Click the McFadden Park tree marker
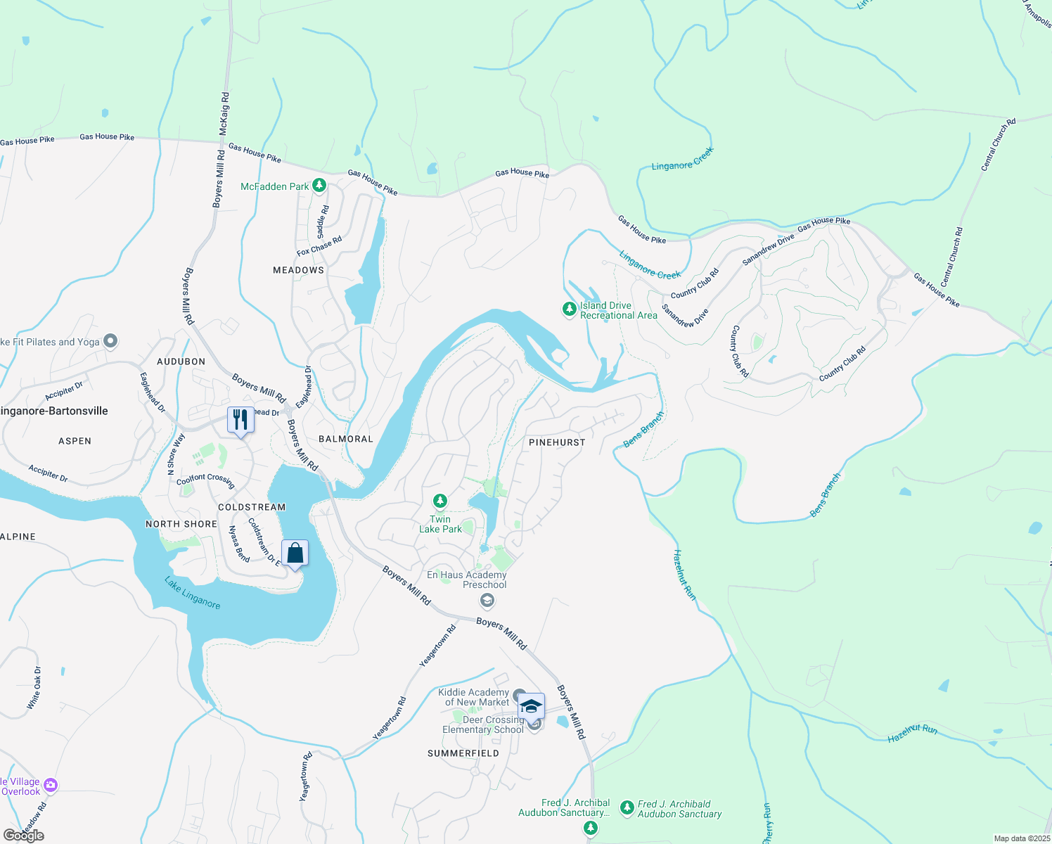(319, 186)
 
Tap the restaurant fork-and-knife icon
(240, 420)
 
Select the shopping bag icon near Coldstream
(295, 554)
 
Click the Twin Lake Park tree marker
(440, 501)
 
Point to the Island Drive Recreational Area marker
(570, 309)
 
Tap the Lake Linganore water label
(192, 593)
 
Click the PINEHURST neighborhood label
(557, 442)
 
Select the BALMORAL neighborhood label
(346, 439)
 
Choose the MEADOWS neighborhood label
(299, 270)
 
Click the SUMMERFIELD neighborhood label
(463, 753)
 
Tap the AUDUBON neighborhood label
(181, 362)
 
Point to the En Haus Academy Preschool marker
(487, 601)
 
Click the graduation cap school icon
(531, 706)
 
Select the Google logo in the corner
(24, 836)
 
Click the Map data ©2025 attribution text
(1022, 838)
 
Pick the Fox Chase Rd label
(319, 246)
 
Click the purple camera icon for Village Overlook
(50, 785)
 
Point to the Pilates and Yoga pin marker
(110, 341)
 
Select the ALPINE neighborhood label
(18, 537)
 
